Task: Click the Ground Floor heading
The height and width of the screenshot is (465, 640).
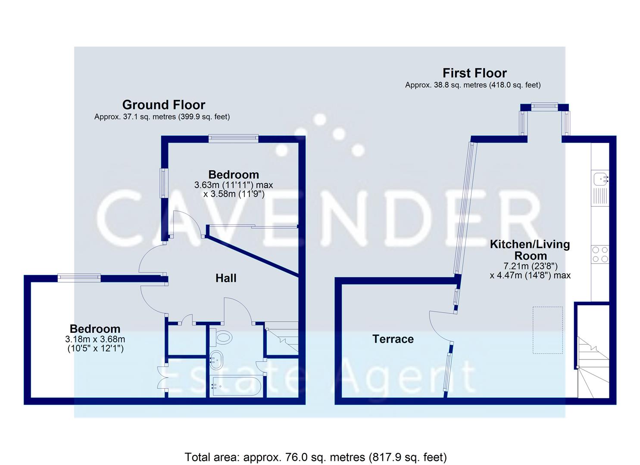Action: pyautogui.click(x=164, y=105)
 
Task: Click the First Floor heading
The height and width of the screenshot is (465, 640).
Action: pyautogui.click(x=475, y=73)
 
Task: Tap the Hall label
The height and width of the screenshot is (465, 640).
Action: pyautogui.click(x=226, y=278)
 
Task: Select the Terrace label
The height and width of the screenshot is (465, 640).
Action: pyautogui.click(x=393, y=339)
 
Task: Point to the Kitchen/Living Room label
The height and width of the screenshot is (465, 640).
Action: pyautogui.click(x=530, y=250)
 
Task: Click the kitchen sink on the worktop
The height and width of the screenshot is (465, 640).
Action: pyautogui.click(x=600, y=177)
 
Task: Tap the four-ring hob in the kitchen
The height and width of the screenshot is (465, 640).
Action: pyautogui.click(x=600, y=254)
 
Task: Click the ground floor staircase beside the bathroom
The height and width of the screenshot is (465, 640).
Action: pyautogui.click(x=282, y=338)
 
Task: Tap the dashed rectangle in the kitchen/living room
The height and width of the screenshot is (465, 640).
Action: pyautogui.click(x=547, y=330)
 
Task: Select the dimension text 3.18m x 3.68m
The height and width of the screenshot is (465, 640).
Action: pyautogui.click(x=95, y=339)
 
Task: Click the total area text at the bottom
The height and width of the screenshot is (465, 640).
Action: pyautogui.click(x=315, y=457)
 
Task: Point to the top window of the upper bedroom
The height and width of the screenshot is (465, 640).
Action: pyautogui.click(x=233, y=138)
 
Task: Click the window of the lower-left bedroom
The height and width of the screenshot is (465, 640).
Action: pyautogui.click(x=79, y=278)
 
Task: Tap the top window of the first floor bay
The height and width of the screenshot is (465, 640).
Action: pyautogui.click(x=544, y=106)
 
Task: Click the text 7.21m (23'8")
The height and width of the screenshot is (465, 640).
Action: pyautogui.click(x=530, y=266)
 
